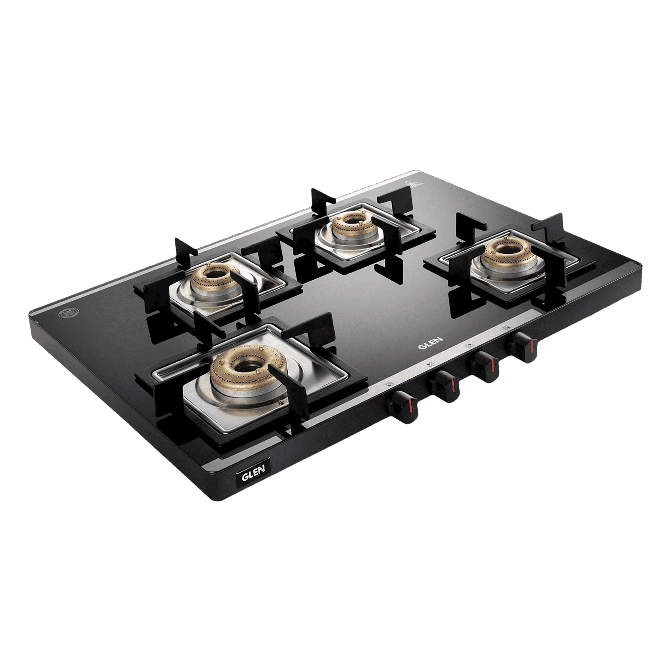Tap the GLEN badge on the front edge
253,470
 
